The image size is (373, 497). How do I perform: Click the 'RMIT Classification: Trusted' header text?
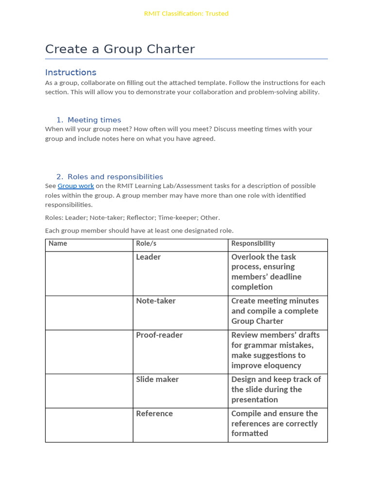point(186,14)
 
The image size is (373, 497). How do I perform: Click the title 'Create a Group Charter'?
point(120,49)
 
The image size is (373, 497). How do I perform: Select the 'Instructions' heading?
point(71,72)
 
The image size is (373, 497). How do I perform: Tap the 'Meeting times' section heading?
point(94,120)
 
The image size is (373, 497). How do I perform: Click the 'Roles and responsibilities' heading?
point(115,177)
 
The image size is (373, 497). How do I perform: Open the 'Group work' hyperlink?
point(76,186)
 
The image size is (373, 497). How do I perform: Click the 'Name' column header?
point(58,244)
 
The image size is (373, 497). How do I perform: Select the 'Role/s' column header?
point(146,244)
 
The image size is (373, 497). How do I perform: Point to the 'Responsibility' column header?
point(253,244)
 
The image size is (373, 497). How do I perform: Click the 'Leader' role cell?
point(148,257)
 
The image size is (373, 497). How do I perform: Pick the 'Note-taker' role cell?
point(156,301)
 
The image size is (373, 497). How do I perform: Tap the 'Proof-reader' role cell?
point(159,335)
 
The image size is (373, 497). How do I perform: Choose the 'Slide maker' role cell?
point(157,380)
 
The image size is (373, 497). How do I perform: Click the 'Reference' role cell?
point(154,414)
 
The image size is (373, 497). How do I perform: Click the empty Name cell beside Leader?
point(89,273)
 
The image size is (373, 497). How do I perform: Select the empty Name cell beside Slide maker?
point(89,391)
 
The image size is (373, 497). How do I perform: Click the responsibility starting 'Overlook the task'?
point(266,272)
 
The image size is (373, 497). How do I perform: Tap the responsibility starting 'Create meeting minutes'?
point(275,311)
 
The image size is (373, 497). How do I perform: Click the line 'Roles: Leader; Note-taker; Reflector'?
point(133,218)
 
